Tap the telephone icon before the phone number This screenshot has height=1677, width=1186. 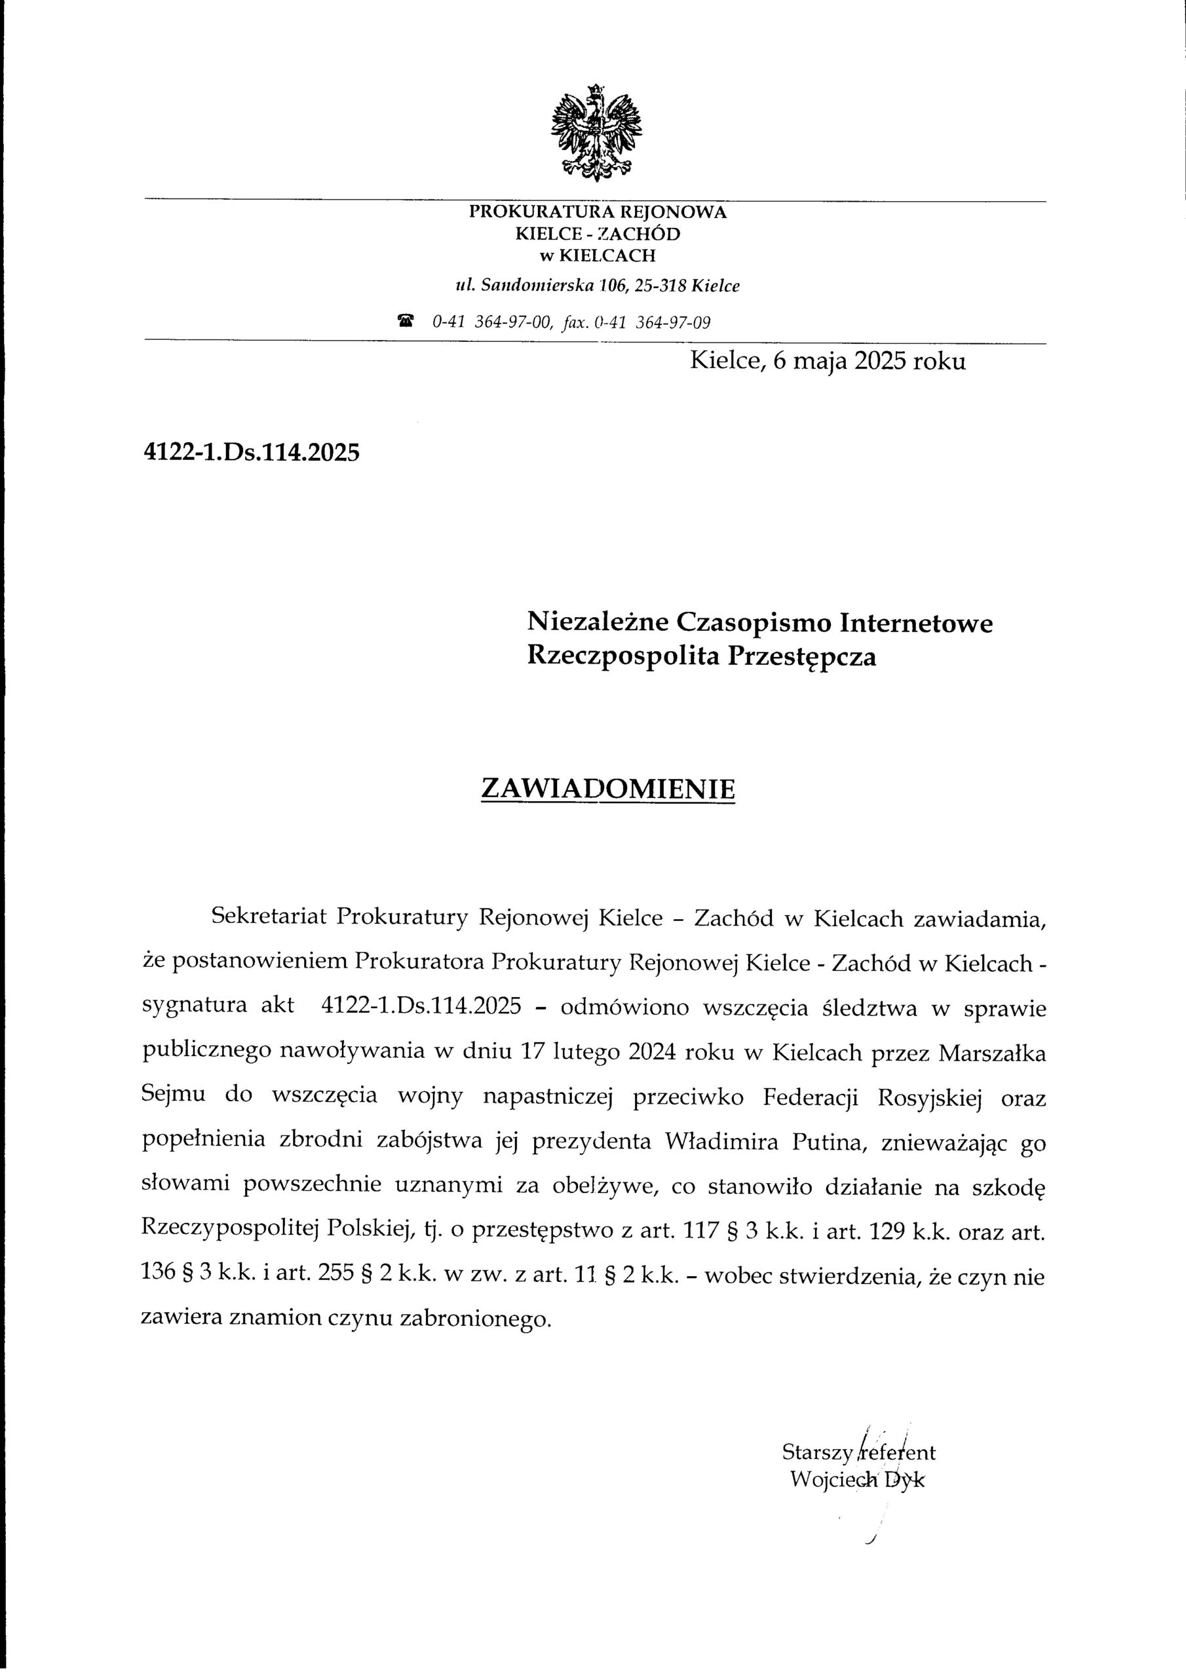406,320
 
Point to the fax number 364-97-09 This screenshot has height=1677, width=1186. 674,322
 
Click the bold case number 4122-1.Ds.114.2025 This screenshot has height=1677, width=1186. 252,453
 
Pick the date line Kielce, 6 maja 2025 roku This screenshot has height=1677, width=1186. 827,362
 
